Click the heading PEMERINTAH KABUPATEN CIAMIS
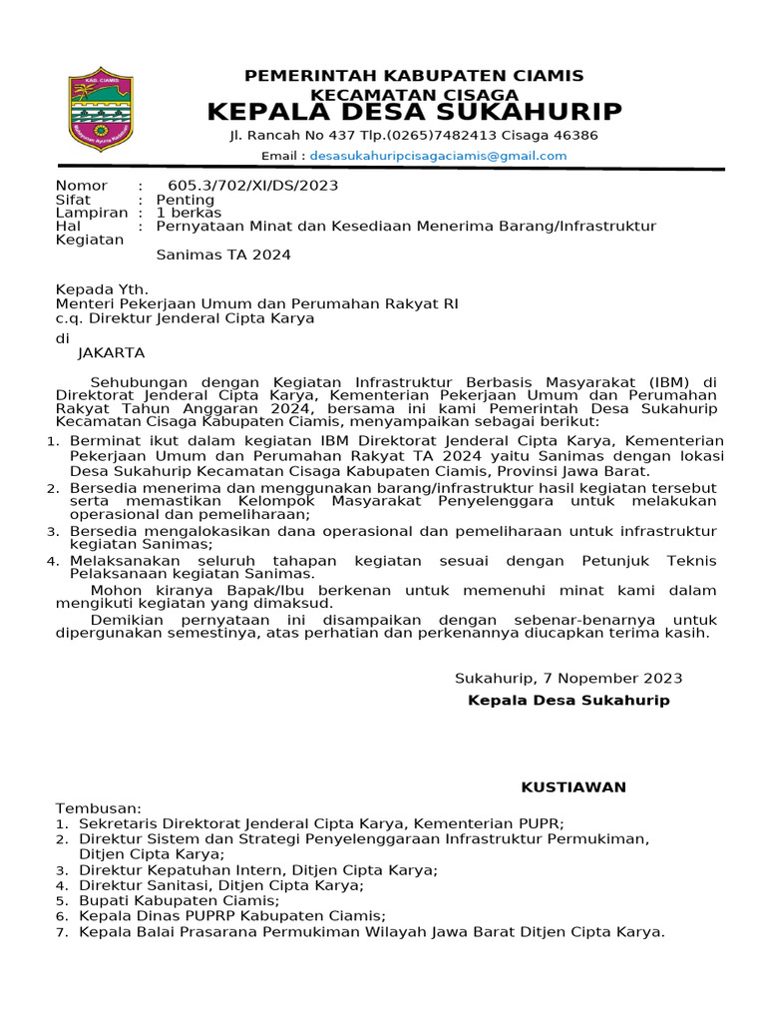414,76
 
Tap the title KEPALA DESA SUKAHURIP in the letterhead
414,111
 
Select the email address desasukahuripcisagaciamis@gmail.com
438,156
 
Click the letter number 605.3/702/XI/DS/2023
252,186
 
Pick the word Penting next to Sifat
186,200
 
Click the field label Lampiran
92,213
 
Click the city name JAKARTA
112,352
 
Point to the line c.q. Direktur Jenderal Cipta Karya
185,318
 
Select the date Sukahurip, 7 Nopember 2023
569,679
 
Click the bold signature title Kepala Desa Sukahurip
569,701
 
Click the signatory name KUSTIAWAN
574,787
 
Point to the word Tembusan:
99,807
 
